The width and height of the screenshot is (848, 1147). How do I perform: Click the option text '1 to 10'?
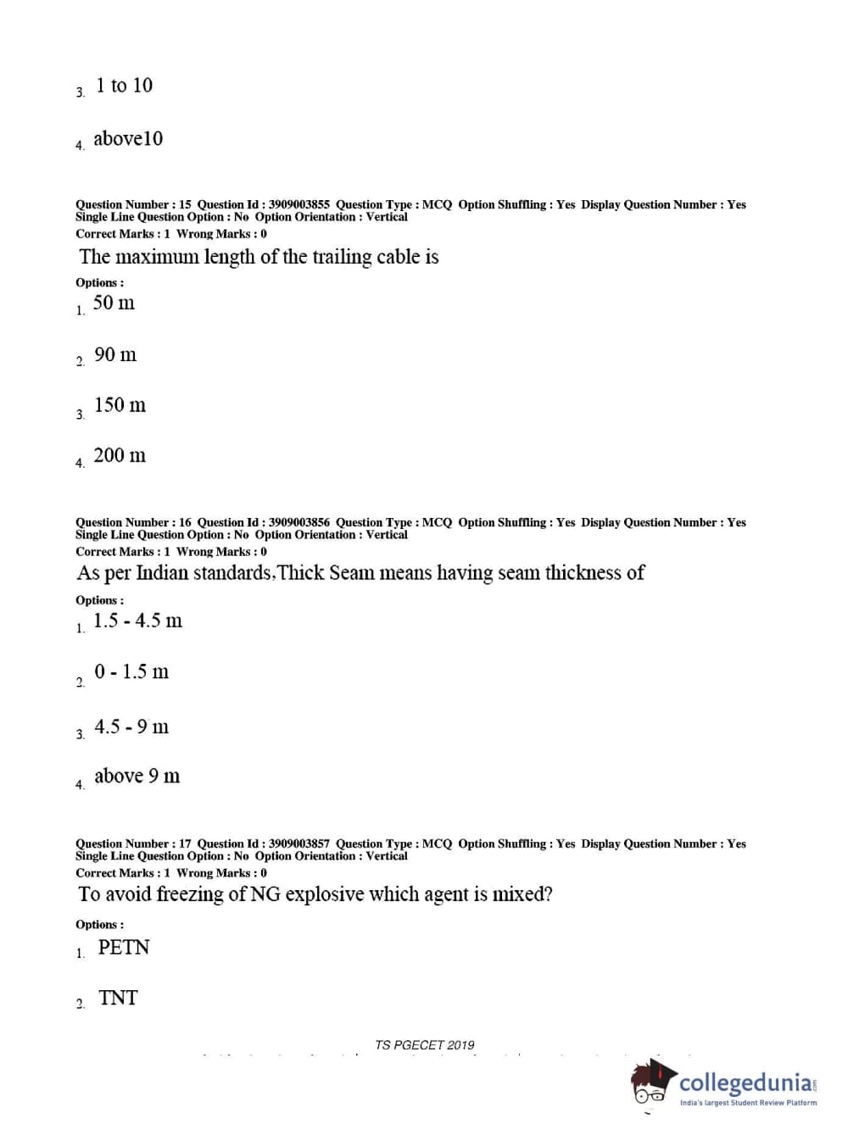coord(124,86)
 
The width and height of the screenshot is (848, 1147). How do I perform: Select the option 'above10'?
coord(127,139)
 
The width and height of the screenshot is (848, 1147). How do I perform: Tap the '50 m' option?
coord(114,303)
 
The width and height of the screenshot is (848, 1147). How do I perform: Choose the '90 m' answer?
coord(114,355)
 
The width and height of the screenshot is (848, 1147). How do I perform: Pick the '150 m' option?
coord(120,405)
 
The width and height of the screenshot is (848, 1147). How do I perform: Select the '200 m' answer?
coord(120,456)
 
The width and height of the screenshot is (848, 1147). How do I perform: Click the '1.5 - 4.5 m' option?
coord(137,621)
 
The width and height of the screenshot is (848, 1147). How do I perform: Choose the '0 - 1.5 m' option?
coord(131,672)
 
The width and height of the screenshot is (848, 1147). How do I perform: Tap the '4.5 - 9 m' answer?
coord(131,727)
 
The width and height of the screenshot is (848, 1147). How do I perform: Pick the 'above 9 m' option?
coord(137,777)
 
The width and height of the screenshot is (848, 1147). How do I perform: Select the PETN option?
coord(124,948)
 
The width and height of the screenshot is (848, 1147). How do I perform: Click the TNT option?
coord(118,999)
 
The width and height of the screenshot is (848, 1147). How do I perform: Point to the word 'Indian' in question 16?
coord(163,573)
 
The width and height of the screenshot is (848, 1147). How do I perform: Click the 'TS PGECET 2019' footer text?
coord(425,1045)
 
